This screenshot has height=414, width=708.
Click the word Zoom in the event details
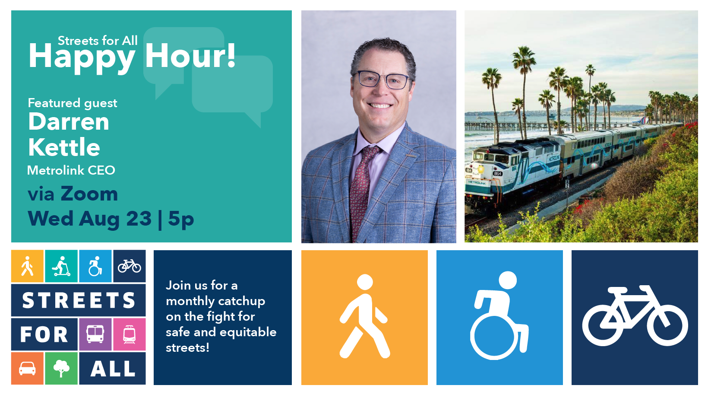tap(89, 194)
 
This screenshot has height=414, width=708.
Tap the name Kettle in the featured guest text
tap(64, 147)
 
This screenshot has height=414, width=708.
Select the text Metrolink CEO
tap(71, 170)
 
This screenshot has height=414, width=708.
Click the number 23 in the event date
tap(139, 218)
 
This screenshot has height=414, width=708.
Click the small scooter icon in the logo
tap(61, 266)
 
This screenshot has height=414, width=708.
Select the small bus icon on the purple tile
tap(95, 334)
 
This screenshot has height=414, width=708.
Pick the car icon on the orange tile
tap(27, 369)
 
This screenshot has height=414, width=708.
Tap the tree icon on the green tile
tap(61, 369)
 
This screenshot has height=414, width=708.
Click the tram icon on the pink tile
tap(129, 334)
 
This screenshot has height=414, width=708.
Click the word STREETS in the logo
tap(79, 300)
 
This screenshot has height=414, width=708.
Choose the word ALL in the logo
tap(113, 369)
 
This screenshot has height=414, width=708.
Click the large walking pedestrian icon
tap(365, 316)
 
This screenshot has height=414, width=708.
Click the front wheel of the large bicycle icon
tap(667, 325)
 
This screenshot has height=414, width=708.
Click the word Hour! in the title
tap(190, 56)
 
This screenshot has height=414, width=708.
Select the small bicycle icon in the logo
tap(129, 266)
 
